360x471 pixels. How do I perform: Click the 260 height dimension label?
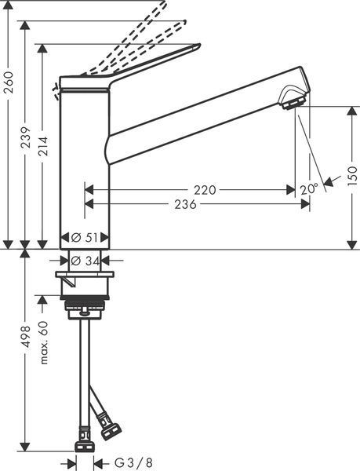point(9,82)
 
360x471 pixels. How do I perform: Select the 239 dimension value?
point(26,137)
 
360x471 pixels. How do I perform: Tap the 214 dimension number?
point(43,146)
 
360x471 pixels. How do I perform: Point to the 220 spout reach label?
point(205,190)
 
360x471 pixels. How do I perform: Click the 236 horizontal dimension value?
point(185,204)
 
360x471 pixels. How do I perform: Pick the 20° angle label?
point(309,189)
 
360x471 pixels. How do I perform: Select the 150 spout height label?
point(353,176)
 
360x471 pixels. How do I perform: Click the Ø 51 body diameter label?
point(85,238)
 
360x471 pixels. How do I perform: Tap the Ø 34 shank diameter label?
point(85,261)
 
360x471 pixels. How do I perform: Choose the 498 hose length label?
point(26,337)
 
